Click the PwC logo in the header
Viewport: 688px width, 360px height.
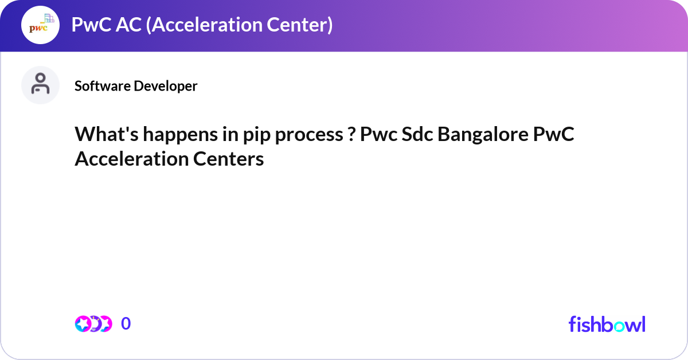tap(41, 25)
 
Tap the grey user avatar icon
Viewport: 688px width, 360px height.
tap(41, 85)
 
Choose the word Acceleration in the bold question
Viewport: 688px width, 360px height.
tap(130, 159)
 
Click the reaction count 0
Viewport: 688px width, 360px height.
tap(126, 324)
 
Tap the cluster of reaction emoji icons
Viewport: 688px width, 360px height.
tap(93, 324)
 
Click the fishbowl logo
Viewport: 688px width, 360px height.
tap(607, 324)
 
